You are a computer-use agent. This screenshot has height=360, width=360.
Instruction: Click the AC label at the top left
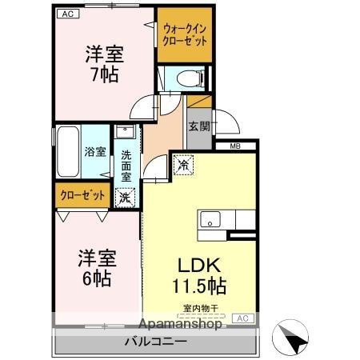[x=67, y=14]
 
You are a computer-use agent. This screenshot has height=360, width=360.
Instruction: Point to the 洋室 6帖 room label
[x=97, y=269]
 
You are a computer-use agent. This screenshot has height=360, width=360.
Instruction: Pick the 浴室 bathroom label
[x=95, y=150]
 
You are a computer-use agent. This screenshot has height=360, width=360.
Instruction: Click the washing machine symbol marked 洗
[x=126, y=195]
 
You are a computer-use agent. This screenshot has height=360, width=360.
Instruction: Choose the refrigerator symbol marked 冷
[x=184, y=166]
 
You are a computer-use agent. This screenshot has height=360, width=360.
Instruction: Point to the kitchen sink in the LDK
[x=213, y=219]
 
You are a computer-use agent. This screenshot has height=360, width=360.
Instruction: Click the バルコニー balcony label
[x=155, y=341]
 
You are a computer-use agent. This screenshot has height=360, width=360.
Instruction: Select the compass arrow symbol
[x=293, y=339]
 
